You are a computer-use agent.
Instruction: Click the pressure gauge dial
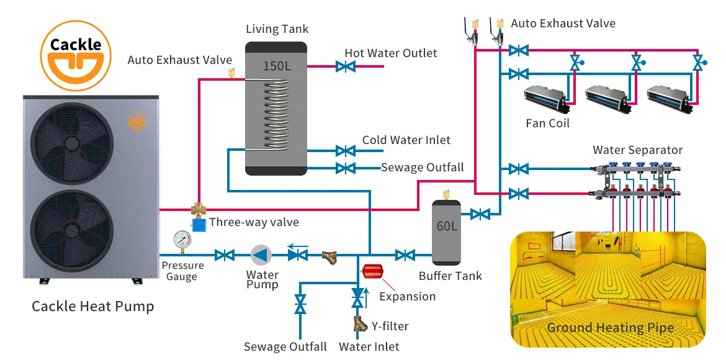point(183,239)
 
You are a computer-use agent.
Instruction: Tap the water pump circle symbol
point(261,254)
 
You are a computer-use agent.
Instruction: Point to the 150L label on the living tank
point(277,65)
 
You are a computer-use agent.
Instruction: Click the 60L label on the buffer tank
point(447,226)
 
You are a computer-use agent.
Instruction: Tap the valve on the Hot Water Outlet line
point(345,66)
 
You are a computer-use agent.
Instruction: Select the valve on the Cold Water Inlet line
point(345,150)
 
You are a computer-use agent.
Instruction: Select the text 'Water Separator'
point(637,150)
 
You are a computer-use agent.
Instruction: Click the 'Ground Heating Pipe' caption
point(610,328)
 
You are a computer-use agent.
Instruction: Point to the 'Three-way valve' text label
point(254,222)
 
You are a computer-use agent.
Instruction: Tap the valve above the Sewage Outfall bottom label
point(300,304)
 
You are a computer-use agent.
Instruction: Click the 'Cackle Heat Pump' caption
point(93,306)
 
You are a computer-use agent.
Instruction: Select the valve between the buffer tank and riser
point(479,215)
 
